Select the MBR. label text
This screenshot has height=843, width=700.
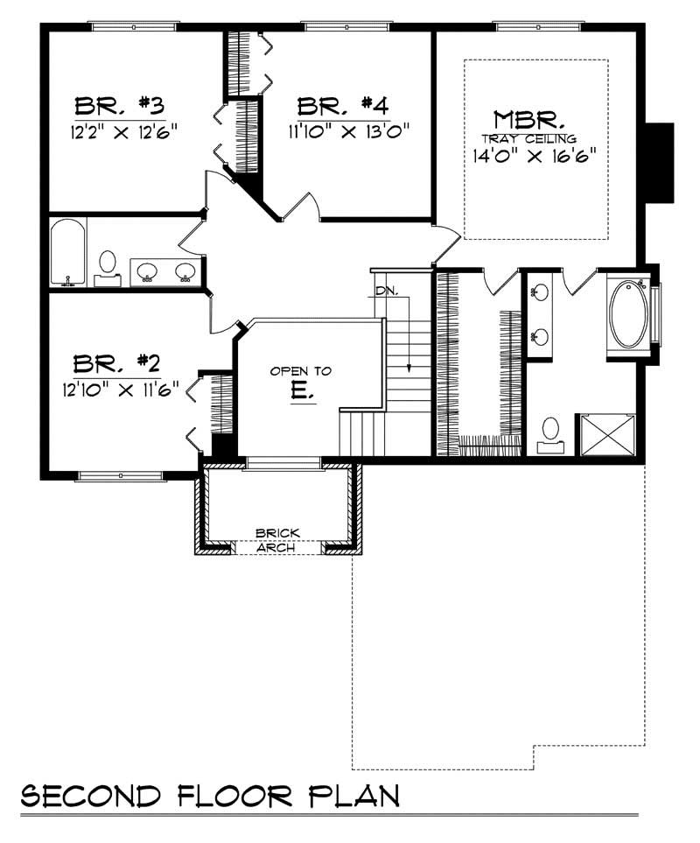click(x=528, y=118)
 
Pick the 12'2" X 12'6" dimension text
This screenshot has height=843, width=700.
click(x=125, y=133)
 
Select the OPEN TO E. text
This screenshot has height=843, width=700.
click(x=300, y=383)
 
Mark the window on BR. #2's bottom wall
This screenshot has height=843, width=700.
click(x=108, y=476)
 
